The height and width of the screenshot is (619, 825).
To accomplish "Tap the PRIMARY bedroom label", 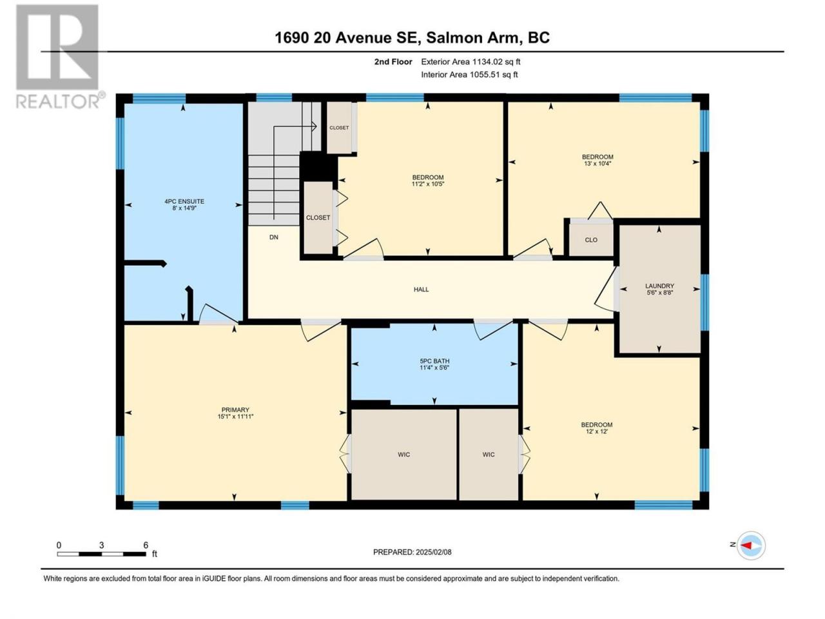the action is tap(235, 409).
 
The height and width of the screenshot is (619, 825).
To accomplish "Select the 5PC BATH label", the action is tap(434, 361).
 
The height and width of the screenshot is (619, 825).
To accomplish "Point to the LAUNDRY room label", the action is tap(659, 286).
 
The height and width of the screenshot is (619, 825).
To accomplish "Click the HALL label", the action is tap(421, 290).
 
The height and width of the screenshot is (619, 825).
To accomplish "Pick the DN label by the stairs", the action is tap(274, 237).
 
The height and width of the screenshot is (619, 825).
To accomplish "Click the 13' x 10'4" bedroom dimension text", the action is tap(597, 164).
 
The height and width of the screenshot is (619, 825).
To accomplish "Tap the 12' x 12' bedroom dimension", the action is tap(597, 431).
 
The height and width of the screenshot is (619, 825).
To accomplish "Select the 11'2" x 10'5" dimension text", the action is tap(428, 184).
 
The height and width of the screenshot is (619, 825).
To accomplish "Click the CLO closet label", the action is tap(591, 240).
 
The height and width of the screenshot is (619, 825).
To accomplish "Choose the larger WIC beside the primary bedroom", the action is tap(403, 455).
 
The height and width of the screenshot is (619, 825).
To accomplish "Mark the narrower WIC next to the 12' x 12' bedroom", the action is tap(489, 455).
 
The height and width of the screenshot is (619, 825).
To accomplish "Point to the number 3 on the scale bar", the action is tap(101, 545).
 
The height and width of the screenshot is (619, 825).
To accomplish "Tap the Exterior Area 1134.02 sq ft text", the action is tap(471, 62).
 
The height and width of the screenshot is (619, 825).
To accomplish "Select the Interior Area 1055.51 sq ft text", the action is tap(469, 74).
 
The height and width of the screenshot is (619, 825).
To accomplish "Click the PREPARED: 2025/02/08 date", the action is tap(412, 552).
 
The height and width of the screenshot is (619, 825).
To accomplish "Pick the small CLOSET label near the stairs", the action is tap(339, 128).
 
